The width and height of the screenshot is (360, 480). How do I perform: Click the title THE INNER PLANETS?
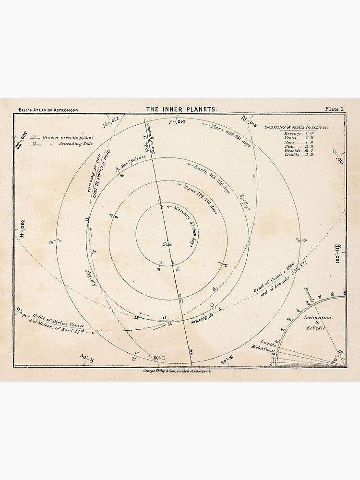[181, 109]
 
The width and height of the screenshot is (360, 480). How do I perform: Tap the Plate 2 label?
[334, 109]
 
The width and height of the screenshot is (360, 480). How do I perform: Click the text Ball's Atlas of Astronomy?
[48, 110]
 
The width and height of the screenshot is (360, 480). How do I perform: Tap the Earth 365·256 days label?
[212, 179]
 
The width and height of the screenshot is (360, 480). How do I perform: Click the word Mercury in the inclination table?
[292, 133]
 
